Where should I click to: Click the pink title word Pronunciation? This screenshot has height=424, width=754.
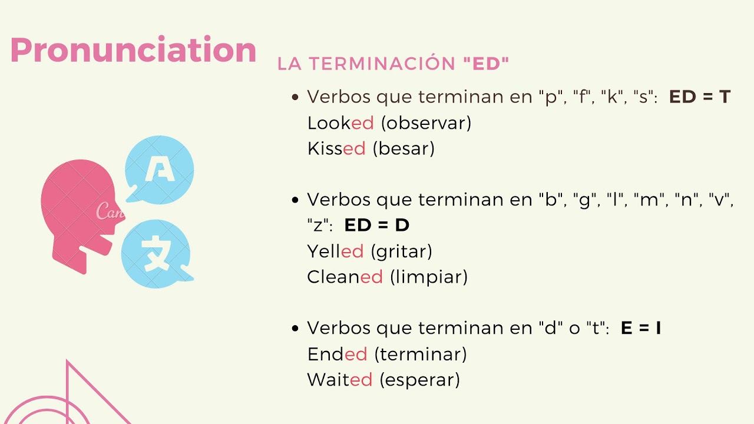click(x=133, y=51)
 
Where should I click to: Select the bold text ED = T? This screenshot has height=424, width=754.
click(x=700, y=97)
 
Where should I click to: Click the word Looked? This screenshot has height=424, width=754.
click(x=340, y=123)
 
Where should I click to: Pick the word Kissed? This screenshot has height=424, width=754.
click(x=336, y=148)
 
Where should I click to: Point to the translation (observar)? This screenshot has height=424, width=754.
click(x=426, y=123)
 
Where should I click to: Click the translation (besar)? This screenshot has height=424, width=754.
click(x=404, y=148)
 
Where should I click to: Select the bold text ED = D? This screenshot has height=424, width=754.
click(x=377, y=225)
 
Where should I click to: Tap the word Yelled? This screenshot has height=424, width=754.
click(x=335, y=251)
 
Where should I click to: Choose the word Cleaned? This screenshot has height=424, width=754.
click(x=345, y=277)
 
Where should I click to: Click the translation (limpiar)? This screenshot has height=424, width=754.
click(x=429, y=277)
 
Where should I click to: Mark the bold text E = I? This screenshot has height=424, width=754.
click(x=641, y=329)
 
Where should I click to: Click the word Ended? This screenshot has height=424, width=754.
click(x=337, y=355)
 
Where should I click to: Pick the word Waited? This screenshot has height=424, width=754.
click(x=340, y=380)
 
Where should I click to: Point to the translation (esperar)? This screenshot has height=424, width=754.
click(x=419, y=380)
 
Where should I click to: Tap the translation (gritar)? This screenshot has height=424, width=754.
click(x=401, y=251)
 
